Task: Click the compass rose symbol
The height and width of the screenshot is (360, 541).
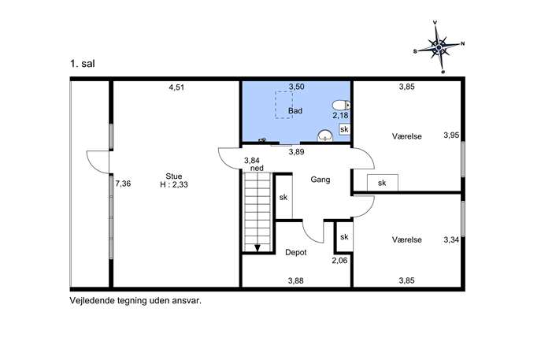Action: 439,47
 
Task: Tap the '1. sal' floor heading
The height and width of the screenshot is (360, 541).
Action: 83,64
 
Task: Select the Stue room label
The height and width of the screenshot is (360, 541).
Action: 174,176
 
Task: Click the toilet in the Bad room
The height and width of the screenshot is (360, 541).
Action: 341,105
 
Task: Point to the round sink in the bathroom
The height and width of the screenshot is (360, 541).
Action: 324,135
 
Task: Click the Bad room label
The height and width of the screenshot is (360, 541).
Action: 295,111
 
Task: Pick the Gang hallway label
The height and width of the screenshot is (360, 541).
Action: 321,180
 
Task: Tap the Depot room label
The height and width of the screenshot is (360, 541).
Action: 295,253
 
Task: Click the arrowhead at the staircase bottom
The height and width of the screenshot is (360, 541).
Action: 258,247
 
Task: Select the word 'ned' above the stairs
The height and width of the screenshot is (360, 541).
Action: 257,168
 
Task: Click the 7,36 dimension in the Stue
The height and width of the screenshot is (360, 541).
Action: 123,184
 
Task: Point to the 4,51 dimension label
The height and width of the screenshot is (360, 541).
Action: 176,87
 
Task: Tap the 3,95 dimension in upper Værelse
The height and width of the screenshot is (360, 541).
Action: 451,135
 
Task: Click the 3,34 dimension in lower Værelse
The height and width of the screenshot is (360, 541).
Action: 451,240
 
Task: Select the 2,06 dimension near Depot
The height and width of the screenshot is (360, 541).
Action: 339,261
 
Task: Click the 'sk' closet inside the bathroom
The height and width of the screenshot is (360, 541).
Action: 344,129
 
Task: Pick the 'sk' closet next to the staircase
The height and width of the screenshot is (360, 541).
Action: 283,197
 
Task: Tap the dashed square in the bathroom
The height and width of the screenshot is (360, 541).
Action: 283,106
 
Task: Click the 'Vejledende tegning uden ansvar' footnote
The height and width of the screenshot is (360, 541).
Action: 135,301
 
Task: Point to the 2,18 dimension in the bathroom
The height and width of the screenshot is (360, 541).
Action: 340,116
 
